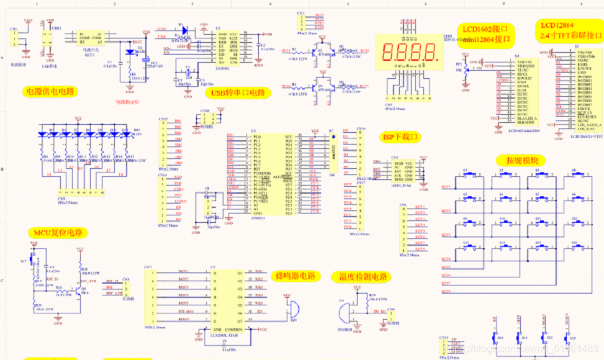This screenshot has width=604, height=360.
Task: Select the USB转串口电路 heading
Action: click(238, 93)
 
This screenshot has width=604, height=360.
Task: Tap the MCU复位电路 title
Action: click(57, 233)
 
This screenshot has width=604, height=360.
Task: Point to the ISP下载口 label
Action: click(399, 137)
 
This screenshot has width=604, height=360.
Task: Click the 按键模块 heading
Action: click(521, 161)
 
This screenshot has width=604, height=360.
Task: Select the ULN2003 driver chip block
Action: click(223, 297)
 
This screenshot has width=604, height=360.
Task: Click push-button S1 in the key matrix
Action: click(474, 175)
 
